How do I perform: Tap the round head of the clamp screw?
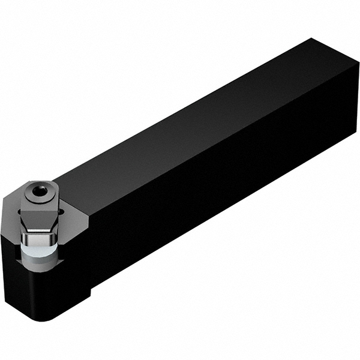click(40, 191)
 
